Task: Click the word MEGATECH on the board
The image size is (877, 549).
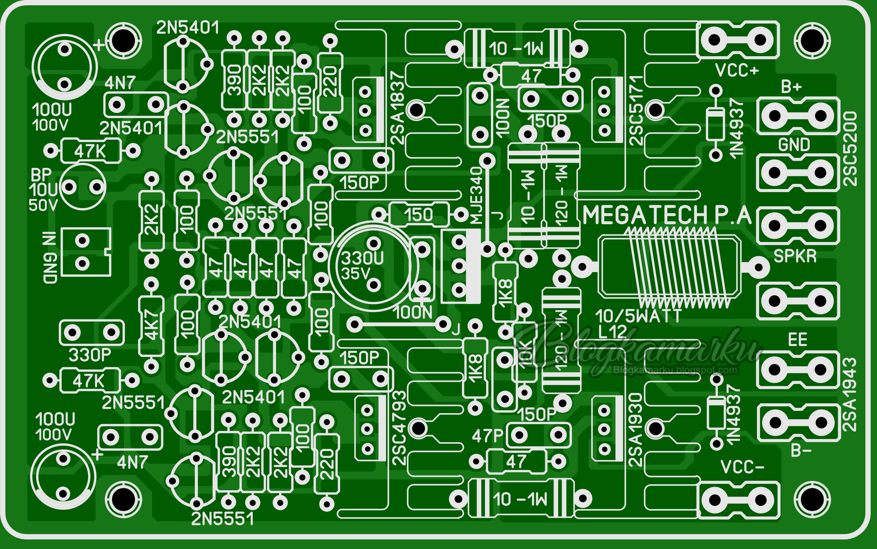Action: tap(645, 215)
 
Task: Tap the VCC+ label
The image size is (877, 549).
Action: tap(737, 70)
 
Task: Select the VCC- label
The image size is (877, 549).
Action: tap(742, 467)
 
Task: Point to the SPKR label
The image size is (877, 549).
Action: tap(795, 256)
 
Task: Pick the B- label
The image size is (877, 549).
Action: tap(801, 451)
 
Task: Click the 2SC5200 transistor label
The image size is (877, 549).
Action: tap(850, 149)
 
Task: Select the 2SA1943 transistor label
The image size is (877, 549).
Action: tap(849, 395)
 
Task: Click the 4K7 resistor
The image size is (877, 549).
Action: tap(151, 325)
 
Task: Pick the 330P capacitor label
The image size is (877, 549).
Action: tap(90, 355)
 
